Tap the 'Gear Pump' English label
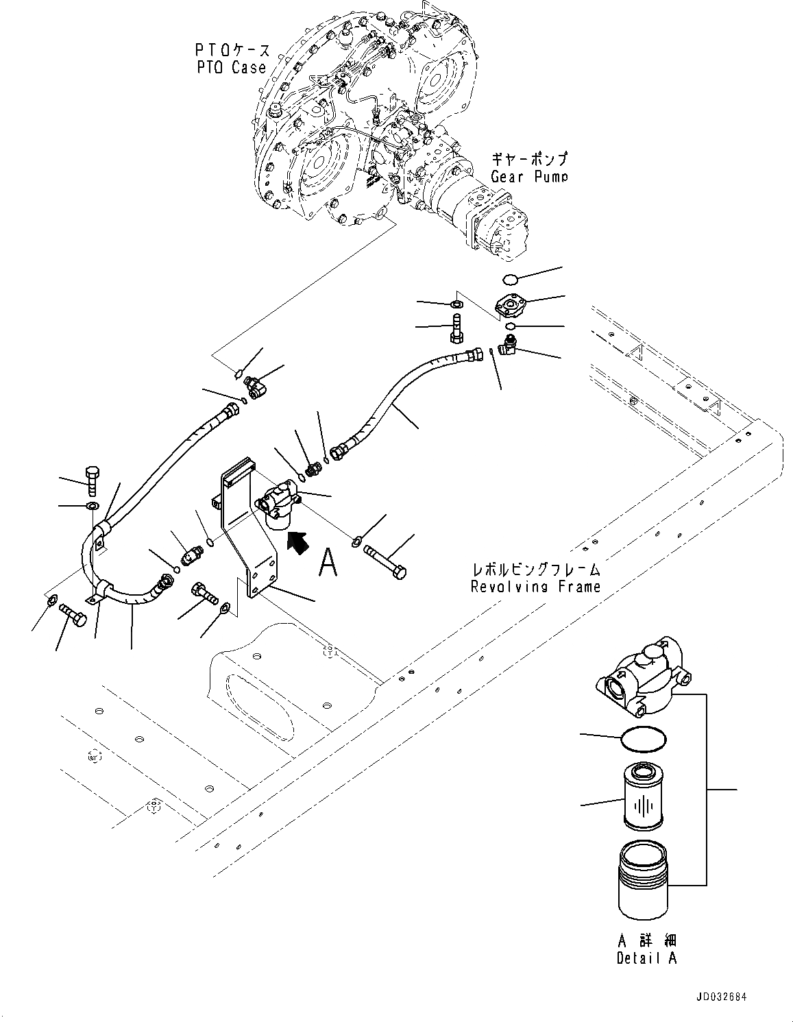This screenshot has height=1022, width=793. point(528,176)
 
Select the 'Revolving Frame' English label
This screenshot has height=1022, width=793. point(535,586)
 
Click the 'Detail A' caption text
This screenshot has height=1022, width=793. point(646,958)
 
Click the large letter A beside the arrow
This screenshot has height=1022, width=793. point(329,563)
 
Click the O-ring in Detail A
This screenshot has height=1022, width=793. point(642,739)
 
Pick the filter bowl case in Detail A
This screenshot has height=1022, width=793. point(643,880)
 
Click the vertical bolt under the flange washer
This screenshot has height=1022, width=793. point(456,328)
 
